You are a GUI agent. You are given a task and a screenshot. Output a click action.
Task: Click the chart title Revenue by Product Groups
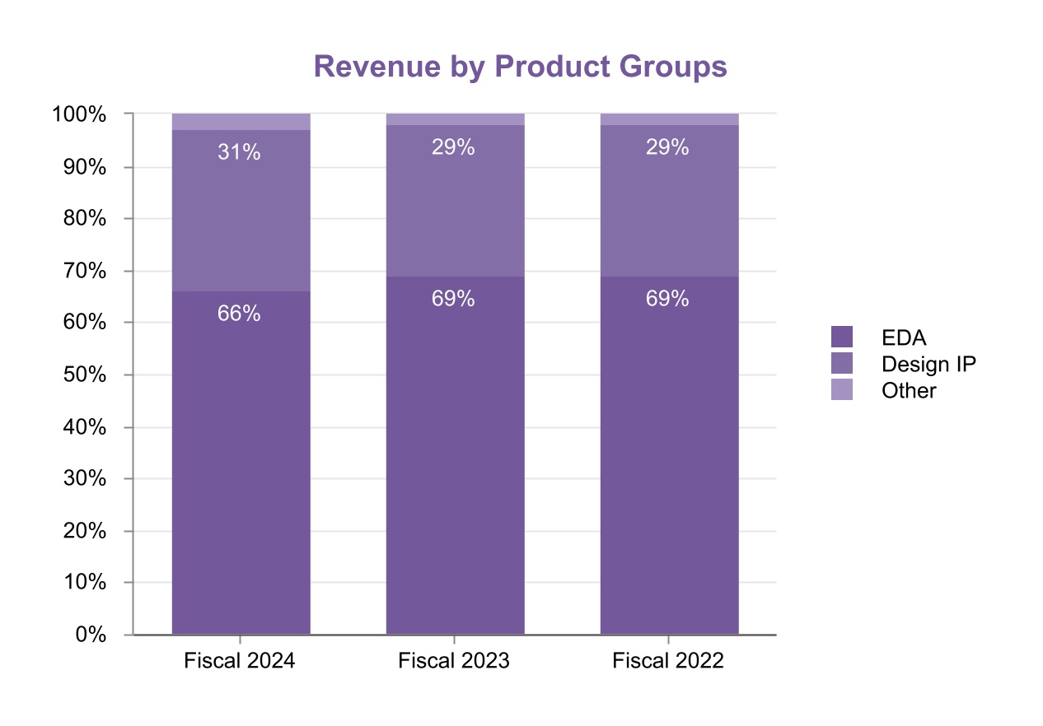[x=520, y=67]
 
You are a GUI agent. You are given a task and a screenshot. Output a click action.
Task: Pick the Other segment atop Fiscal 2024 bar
[x=241, y=122]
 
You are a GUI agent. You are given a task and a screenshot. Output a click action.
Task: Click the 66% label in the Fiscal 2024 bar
[x=239, y=314]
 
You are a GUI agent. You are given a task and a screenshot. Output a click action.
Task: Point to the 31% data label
[x=239, y=152]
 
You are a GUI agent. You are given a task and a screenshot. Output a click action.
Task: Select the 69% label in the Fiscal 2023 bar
[x=453, y=299]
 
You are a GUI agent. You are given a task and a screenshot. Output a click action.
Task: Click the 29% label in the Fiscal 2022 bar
[x=667, y=147]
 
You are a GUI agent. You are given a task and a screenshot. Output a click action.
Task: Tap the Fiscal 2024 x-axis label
[x=239, y=661]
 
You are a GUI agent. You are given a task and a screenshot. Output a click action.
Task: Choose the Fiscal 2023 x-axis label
[x=454, y=661]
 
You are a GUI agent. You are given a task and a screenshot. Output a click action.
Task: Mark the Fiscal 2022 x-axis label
[x=668, y=661]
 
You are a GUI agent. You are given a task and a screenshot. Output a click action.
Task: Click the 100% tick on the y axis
[x=79, y=114]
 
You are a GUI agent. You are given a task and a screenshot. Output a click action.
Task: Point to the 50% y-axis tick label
[x=84, y=375]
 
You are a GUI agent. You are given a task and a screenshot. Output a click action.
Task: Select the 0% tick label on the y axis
[x=91, y=635]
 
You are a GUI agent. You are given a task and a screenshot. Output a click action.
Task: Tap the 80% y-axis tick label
[x=84, y=219]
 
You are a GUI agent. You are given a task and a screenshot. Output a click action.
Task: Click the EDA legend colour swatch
[x=841, y=337]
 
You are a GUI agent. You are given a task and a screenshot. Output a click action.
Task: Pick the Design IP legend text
[x=928, y=364]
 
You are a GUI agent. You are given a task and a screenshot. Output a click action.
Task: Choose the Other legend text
[x=909, y=390]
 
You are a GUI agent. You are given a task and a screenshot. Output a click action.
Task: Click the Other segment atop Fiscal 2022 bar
[x=669, y=119]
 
